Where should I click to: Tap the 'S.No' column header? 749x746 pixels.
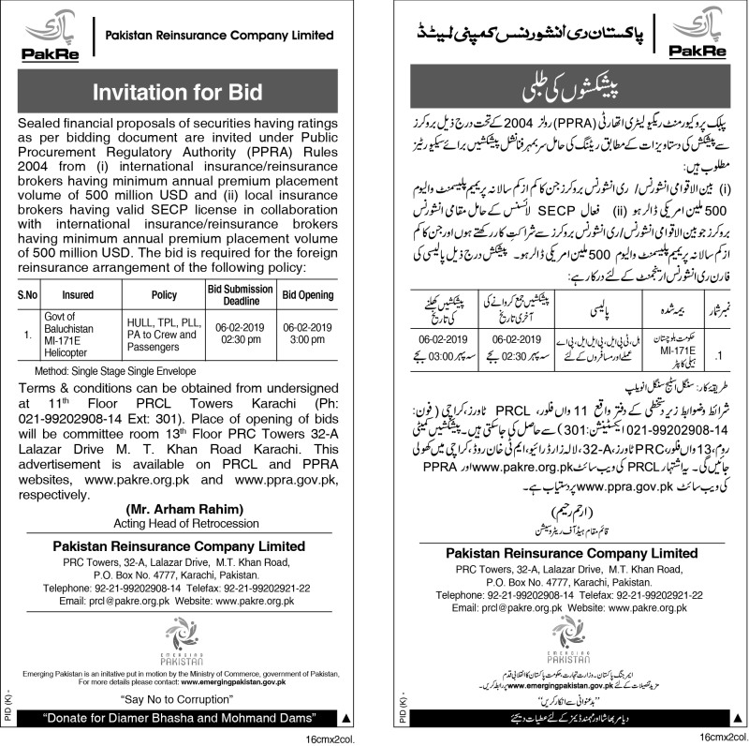[28, 294]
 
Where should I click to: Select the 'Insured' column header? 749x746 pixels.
[79, 294]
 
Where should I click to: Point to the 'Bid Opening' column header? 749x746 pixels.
[309, 294]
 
